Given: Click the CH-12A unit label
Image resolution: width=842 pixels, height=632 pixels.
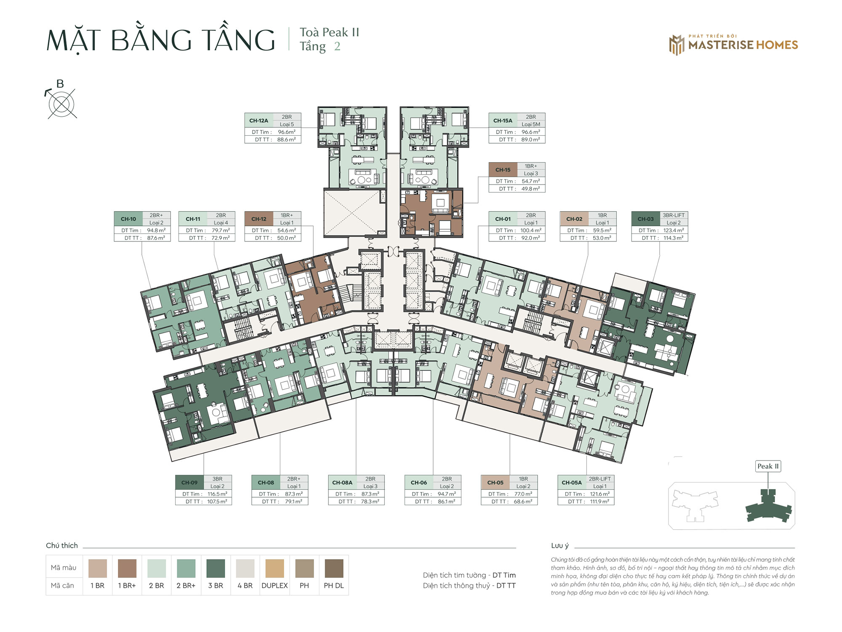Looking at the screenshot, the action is (258, 121).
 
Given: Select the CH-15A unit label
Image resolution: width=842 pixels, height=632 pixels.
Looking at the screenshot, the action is (503, 121).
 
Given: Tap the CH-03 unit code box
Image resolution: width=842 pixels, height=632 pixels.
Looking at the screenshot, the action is (645, 219).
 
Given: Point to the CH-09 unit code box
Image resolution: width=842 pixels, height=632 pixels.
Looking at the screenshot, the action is (189, 482).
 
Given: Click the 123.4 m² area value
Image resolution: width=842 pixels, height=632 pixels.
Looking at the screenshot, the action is (674, 230).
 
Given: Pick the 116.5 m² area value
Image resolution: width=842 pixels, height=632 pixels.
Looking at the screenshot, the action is (217, 494).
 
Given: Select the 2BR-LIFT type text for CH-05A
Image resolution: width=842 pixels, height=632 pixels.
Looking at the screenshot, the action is (600, 479).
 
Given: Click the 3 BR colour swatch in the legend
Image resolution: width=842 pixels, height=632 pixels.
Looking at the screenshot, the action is (216, 568).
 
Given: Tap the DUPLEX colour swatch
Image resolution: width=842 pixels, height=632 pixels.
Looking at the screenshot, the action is (274, 568).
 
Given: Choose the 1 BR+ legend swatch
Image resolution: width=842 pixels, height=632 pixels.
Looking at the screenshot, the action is (127, 568).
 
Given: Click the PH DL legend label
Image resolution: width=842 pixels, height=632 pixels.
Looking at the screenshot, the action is (334, 586).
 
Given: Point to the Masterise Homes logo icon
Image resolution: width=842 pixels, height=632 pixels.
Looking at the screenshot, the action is (677, 45).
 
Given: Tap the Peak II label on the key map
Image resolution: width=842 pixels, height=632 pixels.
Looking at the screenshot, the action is (768, 466).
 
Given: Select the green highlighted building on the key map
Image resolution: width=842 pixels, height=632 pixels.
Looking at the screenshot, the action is (769, 506).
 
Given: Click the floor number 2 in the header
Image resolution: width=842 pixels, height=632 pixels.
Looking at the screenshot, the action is (337, 46).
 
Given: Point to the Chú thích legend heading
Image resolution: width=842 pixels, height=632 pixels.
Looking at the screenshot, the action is (62, 545).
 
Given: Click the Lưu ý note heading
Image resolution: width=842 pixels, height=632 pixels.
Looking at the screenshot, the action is (560, 546).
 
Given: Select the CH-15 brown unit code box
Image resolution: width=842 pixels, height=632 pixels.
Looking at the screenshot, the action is (503, 170).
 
